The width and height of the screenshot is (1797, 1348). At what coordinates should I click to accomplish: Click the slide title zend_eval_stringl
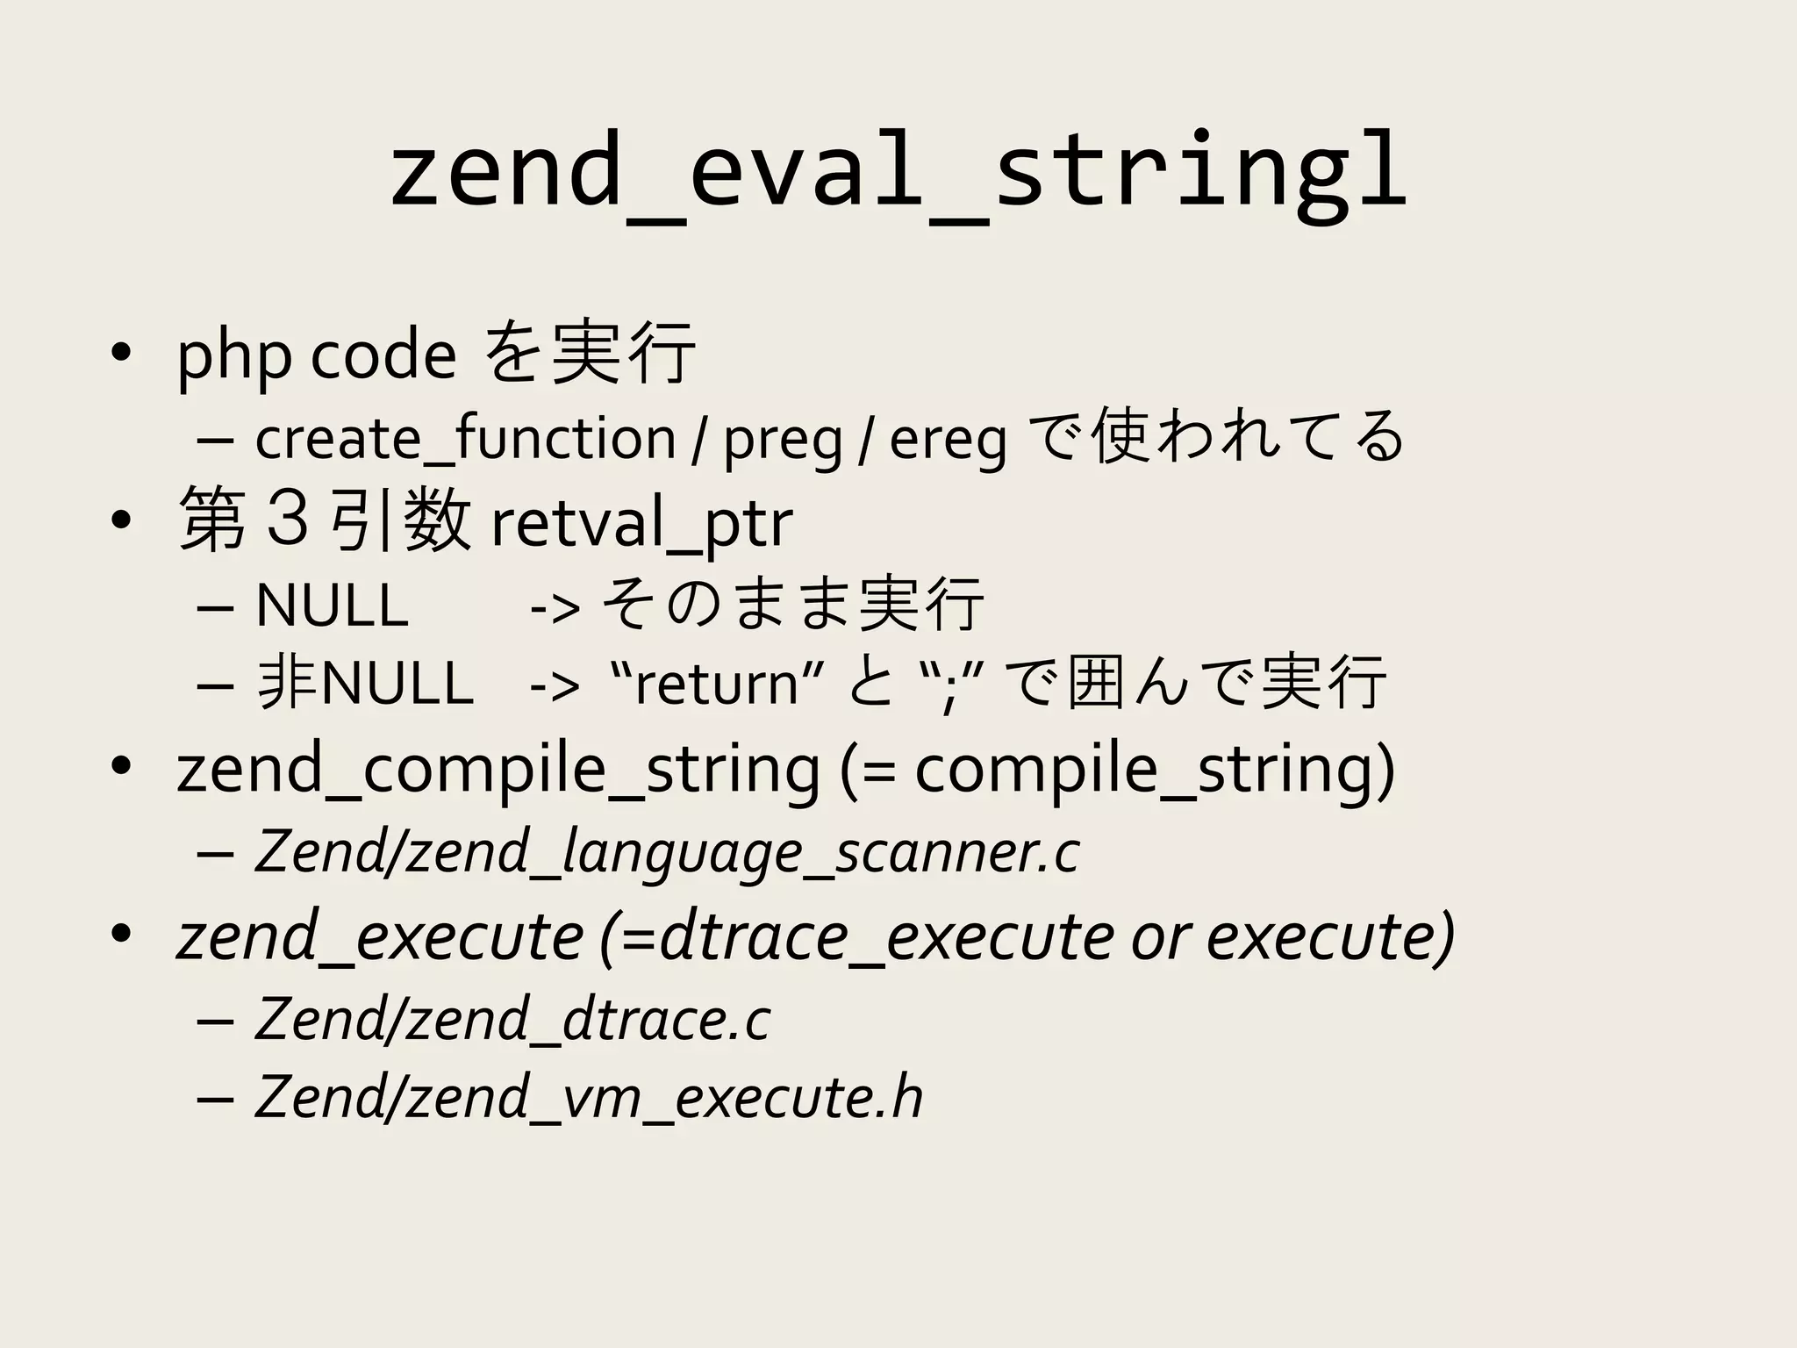tap(898, 171)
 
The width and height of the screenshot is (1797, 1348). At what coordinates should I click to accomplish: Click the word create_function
tap(465, 438)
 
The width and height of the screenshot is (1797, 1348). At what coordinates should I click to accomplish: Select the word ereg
tap(948, 440)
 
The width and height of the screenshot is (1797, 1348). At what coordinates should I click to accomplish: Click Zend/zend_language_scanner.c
tap(667, 852)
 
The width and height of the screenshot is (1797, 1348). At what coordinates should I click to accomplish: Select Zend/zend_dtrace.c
tap(512, 1019)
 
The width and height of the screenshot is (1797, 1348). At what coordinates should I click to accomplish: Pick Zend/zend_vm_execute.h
tap(589, 1098)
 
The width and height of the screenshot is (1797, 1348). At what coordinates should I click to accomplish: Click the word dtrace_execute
tap(886, 936)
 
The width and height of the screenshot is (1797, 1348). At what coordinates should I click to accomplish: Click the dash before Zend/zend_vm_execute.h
tap(216, 1100)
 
